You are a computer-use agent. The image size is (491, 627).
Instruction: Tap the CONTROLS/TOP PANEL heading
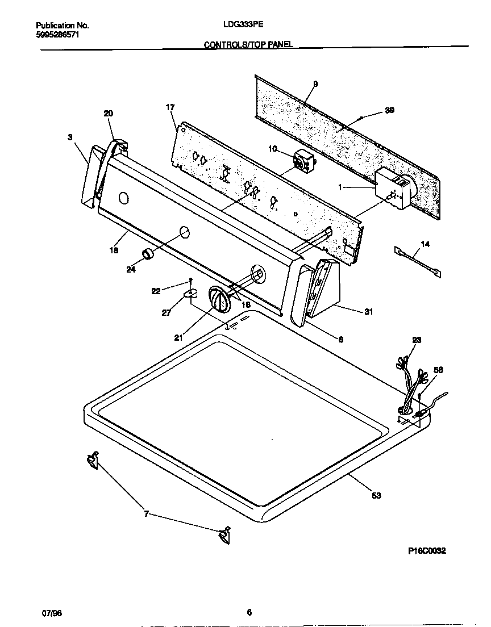(x=248, y=44)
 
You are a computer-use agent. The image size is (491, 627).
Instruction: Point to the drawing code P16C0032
(x=427, y=551)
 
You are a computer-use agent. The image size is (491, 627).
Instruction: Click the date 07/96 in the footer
(x=52, y=613)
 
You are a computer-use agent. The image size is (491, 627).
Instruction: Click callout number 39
(x=389, y=110)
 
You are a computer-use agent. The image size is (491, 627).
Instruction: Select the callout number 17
(x=170, y=107)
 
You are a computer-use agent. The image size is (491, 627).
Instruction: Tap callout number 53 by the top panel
(x=376, y=495)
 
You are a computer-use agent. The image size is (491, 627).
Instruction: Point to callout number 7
(x=147, y=514)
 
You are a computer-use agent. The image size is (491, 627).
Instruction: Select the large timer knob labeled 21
(x=218, y=299)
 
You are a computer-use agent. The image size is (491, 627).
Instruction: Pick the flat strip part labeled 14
(x=418, y=261)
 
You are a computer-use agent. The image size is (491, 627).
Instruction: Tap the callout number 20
(x=108, y=114)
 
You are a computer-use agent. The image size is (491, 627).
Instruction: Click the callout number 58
(x=438, y=370)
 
